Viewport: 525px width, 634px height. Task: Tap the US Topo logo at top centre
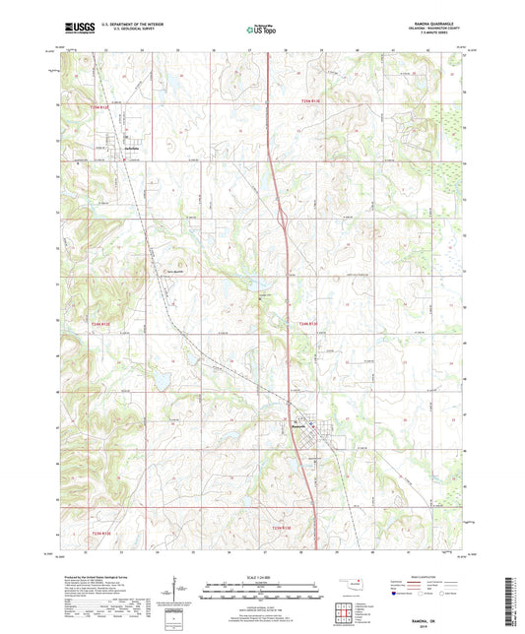[260, 31]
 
